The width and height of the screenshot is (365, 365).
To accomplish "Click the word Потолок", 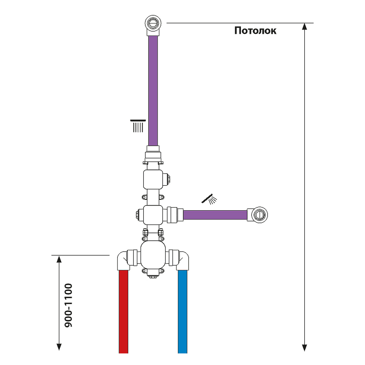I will pos(255,31).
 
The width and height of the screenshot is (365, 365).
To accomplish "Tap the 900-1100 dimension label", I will pos(68,305).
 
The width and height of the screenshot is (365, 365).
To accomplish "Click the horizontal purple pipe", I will pos(215,214).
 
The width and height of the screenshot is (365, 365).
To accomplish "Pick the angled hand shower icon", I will pos(209,199).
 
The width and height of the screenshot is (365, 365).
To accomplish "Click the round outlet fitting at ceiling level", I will pos(152,23).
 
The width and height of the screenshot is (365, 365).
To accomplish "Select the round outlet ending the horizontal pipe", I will pos(259,214).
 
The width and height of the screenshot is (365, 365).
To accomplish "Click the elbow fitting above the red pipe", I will pos(124,261).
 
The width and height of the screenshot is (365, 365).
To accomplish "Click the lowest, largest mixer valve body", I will pos(153,255).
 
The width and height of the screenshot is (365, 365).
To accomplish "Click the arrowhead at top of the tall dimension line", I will pos(304,27).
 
